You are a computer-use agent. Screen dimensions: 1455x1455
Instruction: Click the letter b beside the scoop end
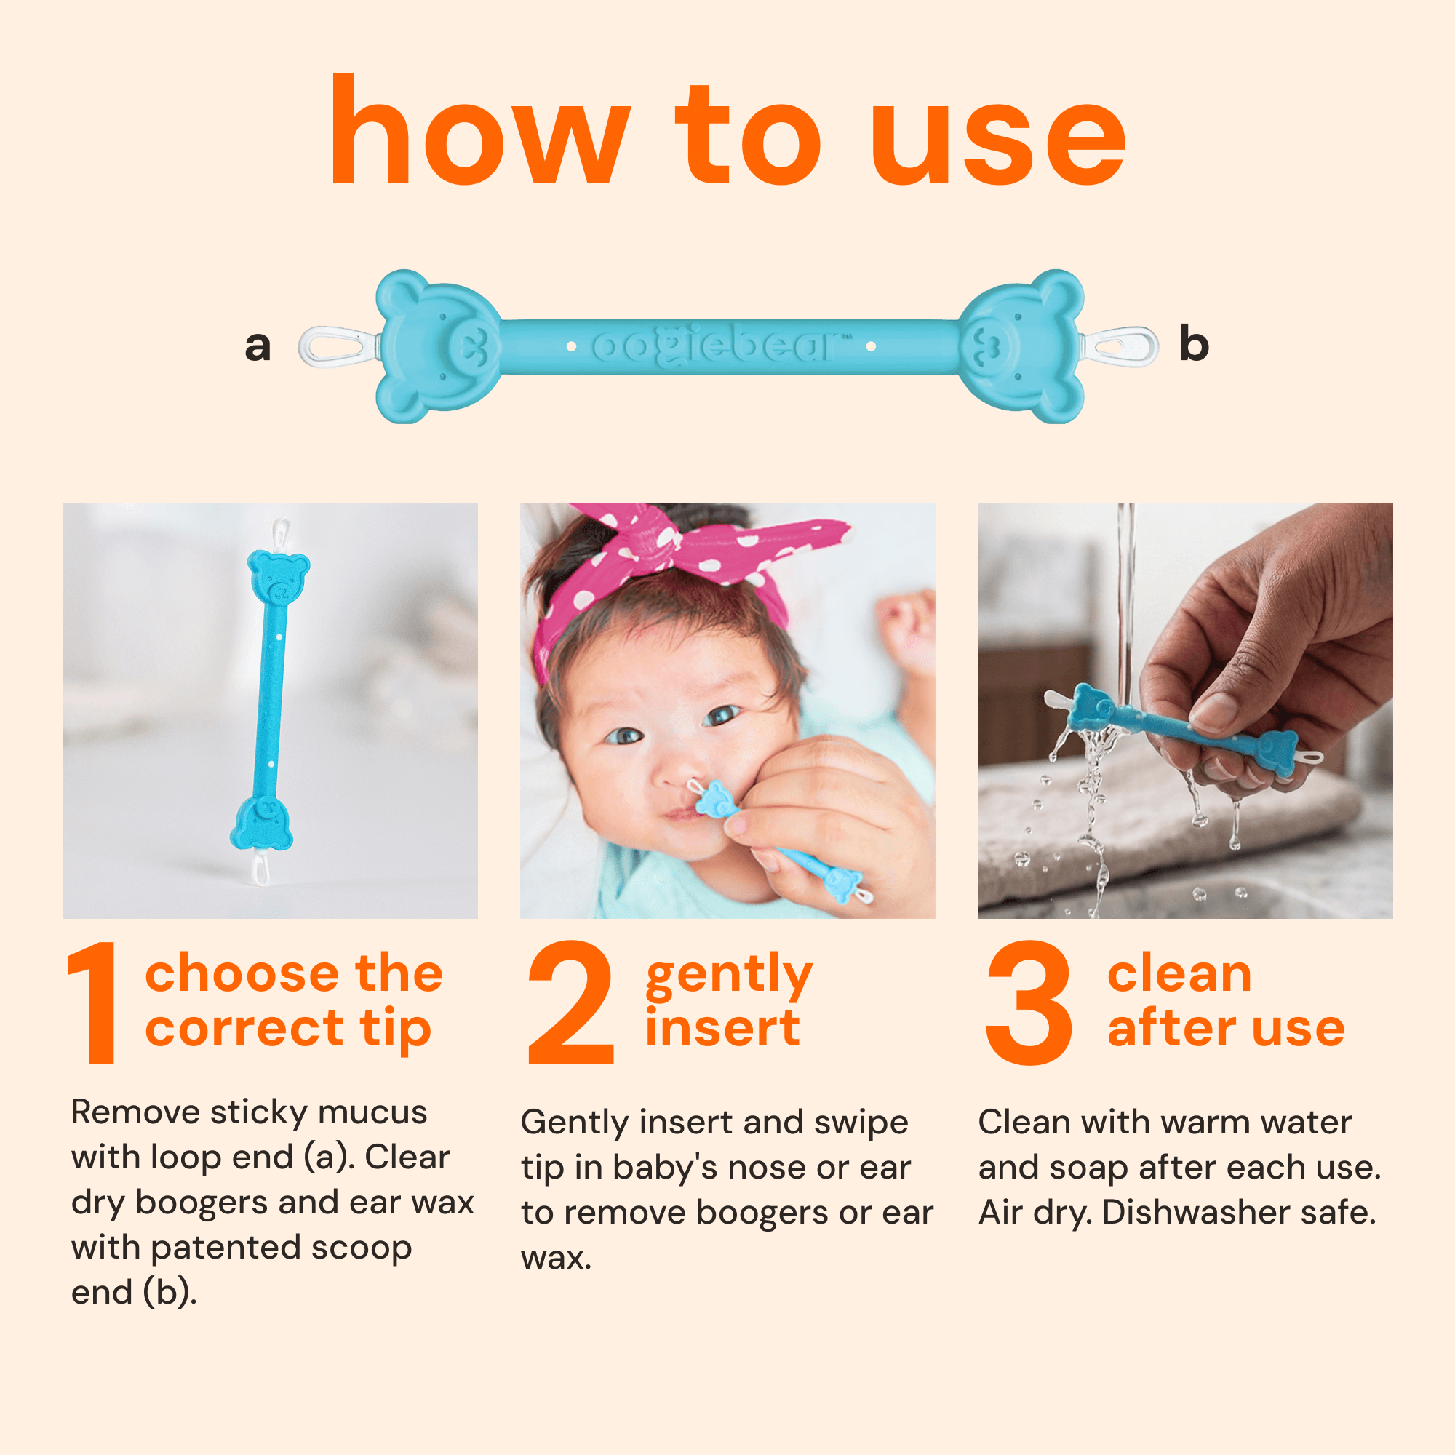1194,343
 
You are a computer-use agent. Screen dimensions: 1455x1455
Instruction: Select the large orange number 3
1029,1002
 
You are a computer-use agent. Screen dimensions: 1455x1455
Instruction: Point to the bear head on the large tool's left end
436,346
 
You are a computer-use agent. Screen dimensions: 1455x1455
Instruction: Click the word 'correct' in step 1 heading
244,1029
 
